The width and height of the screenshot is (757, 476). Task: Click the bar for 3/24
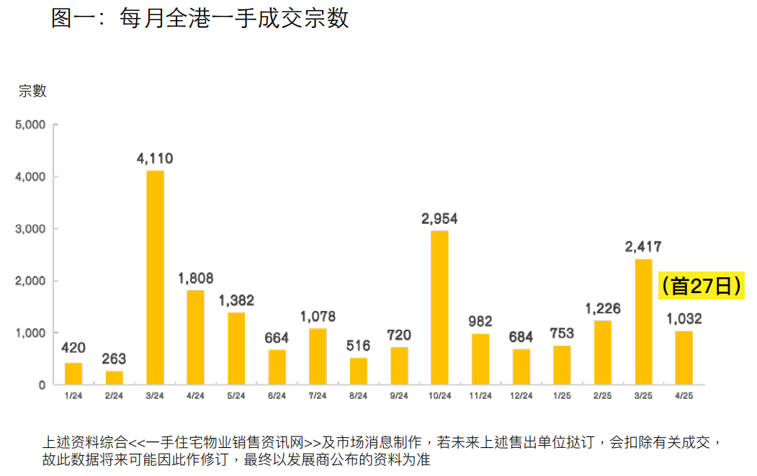click(x=155, y=277)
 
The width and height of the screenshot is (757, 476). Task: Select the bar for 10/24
click(x=439, y=307)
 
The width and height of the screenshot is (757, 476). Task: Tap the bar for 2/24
click(x=115, y=377)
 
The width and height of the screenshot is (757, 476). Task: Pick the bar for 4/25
click(x=684, y=357)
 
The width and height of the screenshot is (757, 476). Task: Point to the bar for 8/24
click(x=359, y=371)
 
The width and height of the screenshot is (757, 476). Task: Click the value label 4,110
click(x=155, y=158)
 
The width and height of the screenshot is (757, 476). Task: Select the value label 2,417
click(x=643, y=247)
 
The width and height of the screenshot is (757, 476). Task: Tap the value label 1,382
click(x=236, y=300)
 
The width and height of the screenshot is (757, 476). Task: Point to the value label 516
click(x=358, y=346)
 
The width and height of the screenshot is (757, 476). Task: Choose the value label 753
click(x=562, y=333)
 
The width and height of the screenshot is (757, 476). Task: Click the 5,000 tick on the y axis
click(x=30, y=125)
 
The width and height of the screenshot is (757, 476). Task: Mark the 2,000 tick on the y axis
click(x=30, y=281)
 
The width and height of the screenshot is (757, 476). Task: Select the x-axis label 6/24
click(x=277, y=395)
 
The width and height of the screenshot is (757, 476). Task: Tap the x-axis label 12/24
click(x=521, y=395)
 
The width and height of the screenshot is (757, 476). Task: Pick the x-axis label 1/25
click(x=562, y=395)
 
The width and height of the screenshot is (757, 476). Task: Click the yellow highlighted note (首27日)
click(x=701, y=286)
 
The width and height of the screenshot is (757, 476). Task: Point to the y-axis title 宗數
click(x=32, y=91)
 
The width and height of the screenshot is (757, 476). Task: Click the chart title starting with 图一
click(x=200, y=18)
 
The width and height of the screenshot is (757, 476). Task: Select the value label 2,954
click(x=439, y=218)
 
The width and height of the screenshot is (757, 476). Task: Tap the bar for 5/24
click(x=236, y=349)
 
